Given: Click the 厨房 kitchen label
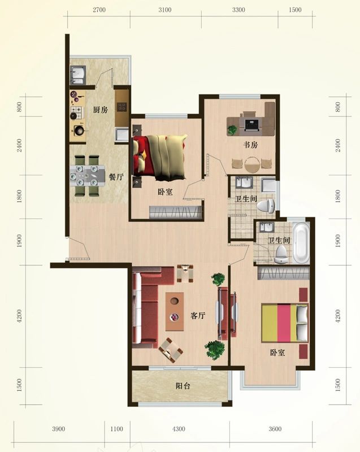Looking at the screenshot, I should point(100,110).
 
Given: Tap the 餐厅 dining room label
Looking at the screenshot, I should point(116,177).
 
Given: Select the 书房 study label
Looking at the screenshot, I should point(250,145).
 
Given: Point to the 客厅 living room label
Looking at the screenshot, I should point(197,316).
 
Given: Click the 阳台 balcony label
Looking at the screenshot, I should point(182,386).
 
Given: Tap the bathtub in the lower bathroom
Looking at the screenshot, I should point(300,244).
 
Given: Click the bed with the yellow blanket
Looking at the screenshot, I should point(160,155).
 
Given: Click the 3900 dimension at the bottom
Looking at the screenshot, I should point(59,429).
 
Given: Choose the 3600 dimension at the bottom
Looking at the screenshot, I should point(275,429).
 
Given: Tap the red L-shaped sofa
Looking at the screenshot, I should point(148,305).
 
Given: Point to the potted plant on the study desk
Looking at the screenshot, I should point(232,129).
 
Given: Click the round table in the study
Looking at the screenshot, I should point(253,164).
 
